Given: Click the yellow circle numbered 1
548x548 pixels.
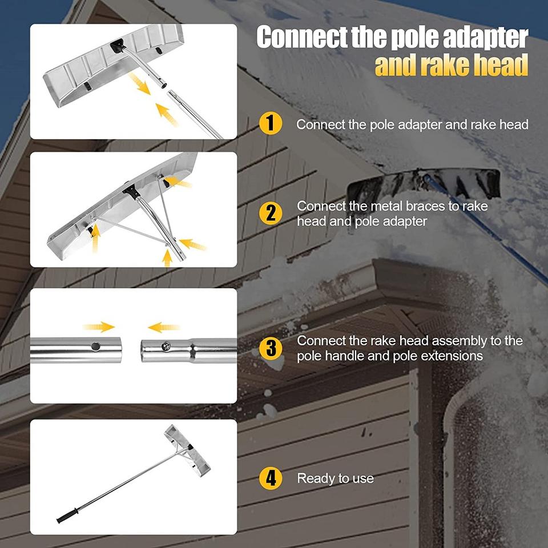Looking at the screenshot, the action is [x=271, y=123].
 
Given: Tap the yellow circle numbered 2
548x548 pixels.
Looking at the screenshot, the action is [x=271, y=213].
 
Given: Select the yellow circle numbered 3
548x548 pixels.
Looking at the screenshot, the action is [x=271, y=348].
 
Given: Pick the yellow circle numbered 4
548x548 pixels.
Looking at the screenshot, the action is [x=271, y=478].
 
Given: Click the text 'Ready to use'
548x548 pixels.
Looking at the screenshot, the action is [x=335, y=478].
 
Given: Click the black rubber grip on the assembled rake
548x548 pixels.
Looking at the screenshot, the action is [x=68, y=516].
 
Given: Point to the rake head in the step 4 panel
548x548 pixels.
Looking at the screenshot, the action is [x=187, y=450].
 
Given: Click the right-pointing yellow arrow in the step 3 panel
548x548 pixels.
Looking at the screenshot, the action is [x=99, y=327].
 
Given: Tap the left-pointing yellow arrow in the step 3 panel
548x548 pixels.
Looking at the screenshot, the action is [x=164, y=328].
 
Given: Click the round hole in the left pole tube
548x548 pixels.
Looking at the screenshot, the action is [x=95, y=346].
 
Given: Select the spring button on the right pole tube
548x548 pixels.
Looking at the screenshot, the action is [x=166, y=346].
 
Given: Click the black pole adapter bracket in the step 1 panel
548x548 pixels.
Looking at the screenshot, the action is [x=118, y=46].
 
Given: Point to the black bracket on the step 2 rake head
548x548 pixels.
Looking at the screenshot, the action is [x=131, y=192].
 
